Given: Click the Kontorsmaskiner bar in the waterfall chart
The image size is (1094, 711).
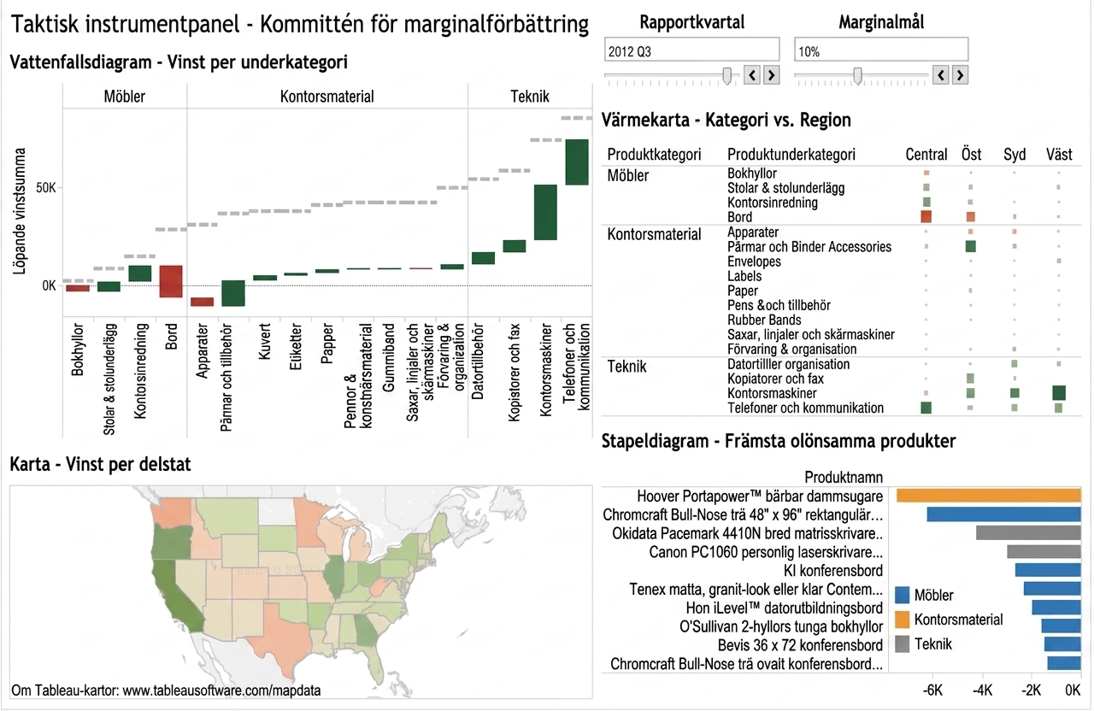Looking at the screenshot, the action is pyautogui.click(x=545, y=213).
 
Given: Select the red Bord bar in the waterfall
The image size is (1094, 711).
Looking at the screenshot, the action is pyautogui.click(x=170, y=281).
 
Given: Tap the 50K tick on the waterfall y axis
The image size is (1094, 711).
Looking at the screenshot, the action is pyautogui.click(x=46, y=188).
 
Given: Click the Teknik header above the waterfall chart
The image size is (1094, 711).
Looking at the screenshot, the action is pyautogui.click(x=530, y=97).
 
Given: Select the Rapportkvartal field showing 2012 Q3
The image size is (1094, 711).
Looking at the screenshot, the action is pyautogui.click(x=691, y=50).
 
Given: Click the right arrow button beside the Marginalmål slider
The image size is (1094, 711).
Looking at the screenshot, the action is pyautogui.click(x=960, y=75).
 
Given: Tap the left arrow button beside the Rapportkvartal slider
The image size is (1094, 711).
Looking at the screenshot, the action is pyautogui.click(x=751, y=75).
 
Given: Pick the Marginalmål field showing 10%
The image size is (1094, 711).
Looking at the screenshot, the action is pyautogui.click(x=881, y=50).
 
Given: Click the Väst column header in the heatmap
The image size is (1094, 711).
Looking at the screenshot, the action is pyautogui.click(x=1059, y=155).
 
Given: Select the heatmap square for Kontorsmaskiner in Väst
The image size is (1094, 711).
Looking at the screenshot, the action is pyautogui.click(x=1059, y=392).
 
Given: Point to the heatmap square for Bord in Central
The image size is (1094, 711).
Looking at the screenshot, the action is pyautogui.click(x=926, y=216).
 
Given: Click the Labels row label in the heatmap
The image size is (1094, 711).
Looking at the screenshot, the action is pyautogui.click(x=744, y=276).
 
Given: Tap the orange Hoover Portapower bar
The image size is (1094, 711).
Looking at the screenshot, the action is pyautogui.click(x=989, y=496).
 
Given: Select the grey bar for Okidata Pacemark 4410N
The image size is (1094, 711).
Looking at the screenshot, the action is pyautogui.click(x=1028, y=532).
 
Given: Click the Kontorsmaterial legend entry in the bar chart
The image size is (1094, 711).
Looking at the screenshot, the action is pyautogui.click(x=949, y=620).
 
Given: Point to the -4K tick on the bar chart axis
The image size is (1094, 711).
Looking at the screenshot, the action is pyautogui.click(x=982, y=690).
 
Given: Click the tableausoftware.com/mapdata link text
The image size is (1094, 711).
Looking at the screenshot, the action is pyautogui.click(x=221, y=690).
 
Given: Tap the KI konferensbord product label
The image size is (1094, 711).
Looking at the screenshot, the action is pyautogui.click(x=833, y=570).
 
